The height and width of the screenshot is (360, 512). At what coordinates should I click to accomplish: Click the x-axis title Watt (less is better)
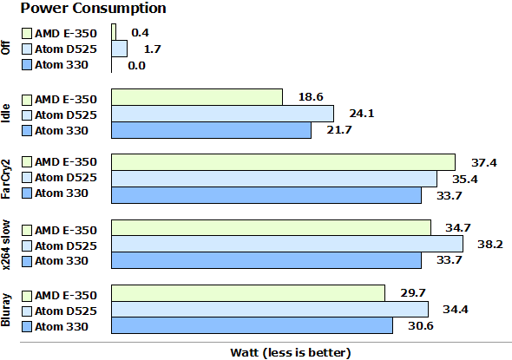pos(290,351)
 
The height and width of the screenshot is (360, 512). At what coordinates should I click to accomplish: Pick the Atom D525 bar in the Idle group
pos(223,114)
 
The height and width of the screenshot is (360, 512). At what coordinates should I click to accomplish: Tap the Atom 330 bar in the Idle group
pos(212,130)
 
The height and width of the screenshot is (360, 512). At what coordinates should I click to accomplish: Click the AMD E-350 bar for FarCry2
pos(284,162)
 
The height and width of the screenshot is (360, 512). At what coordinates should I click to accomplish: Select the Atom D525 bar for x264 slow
pos(287,245)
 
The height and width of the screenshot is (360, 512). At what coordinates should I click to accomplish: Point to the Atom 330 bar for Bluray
pos(253,325)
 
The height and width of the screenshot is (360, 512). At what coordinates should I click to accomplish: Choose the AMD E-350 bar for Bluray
pos(248,293)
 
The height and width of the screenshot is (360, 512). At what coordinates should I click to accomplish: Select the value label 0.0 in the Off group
pos(136,65)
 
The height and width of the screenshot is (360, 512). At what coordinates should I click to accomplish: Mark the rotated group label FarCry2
pos(8,179)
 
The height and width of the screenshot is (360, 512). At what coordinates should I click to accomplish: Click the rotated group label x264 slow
pos(8,245)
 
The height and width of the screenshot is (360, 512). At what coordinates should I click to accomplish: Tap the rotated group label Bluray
pos(8,310)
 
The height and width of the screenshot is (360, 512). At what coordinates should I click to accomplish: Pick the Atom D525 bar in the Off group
pos(119,49)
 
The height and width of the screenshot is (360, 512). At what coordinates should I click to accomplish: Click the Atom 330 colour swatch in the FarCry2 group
pos(27,194)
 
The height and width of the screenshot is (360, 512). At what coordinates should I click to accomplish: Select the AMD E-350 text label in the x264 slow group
pos(65,228)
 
